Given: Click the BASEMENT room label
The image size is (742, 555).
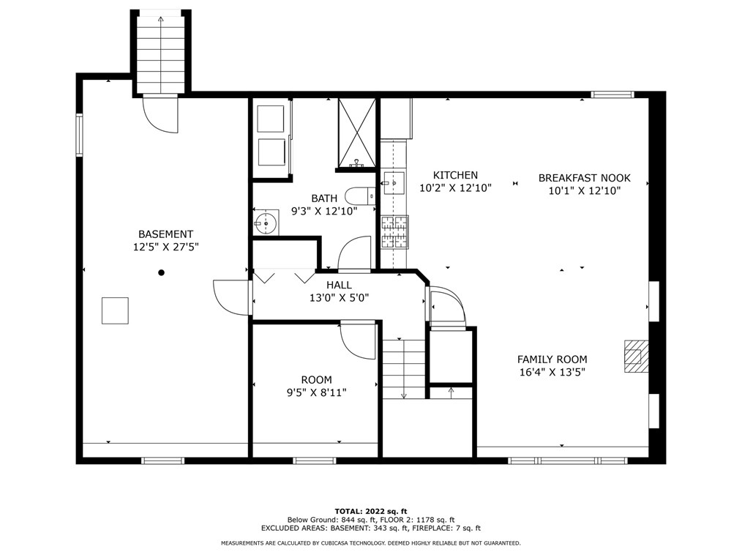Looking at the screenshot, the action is (165, 234).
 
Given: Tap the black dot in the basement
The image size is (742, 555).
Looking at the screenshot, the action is (162, 272).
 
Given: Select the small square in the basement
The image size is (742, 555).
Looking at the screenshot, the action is (115, 310).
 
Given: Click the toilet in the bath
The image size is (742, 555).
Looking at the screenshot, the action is (359, 195).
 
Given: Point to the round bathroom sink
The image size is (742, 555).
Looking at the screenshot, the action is (265, 222).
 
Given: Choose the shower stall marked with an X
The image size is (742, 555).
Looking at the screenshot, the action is (357, 133).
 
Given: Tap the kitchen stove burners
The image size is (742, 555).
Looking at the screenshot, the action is (395, 232).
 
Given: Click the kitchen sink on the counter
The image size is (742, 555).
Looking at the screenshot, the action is (394, 182).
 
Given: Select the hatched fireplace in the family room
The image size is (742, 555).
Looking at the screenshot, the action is (636, 356).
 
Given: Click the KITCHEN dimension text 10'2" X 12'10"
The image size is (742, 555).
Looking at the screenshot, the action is (456, 188).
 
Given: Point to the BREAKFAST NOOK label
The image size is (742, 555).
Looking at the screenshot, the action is (585, 178).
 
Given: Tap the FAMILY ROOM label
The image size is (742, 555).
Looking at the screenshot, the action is (552, 360).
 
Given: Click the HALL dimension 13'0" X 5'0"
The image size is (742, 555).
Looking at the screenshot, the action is (340, 298).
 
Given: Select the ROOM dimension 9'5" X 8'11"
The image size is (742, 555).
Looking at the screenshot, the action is (317, 392).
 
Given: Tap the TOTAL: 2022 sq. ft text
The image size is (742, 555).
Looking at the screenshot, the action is (371, 511).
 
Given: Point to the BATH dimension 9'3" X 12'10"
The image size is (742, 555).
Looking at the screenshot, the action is (324, 211).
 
